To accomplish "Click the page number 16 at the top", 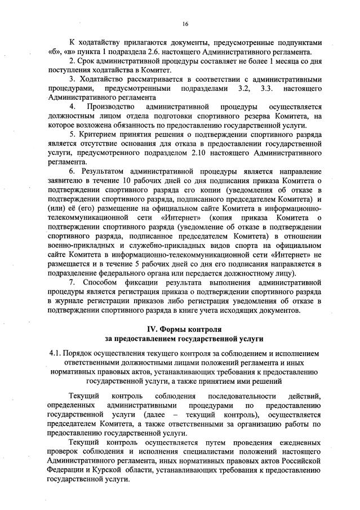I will tap(184, 24).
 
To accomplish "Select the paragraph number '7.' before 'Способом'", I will tap(72, 282).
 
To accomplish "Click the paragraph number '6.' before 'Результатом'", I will tap(72, 171).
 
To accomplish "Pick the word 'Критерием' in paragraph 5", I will tap(97, 135).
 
